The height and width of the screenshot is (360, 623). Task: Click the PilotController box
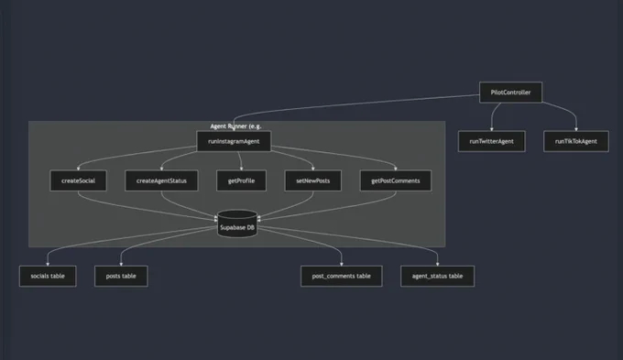(510, 93)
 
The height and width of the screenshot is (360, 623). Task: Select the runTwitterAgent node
(491, 141)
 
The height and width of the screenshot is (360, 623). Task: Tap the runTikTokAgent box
(576, 141)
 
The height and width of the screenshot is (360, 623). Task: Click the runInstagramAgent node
(234, 141)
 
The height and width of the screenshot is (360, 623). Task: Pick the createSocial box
(78, 180)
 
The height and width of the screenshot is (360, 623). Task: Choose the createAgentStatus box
(161, 180)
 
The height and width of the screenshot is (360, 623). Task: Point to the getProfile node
(241, 180)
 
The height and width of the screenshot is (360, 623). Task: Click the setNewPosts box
(313, 180)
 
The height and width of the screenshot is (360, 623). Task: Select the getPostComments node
(396, 180)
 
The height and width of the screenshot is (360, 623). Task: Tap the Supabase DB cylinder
(237, 224)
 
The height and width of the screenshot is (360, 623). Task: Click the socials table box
(48, 276)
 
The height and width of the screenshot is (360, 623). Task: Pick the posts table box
(121, 276)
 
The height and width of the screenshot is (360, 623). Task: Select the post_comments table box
(342, 276)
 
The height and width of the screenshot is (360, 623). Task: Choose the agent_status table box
(437, 276)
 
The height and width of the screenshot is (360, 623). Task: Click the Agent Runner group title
(235, 126)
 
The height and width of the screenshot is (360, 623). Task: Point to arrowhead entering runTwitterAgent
(491, 129)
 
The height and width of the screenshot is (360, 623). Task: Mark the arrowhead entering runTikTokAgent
(576, 129)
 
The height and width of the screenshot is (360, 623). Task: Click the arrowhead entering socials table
(48, 264)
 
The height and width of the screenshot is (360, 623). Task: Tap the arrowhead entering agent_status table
(437, 264)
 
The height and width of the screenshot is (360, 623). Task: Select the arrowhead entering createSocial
(78, 169)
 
